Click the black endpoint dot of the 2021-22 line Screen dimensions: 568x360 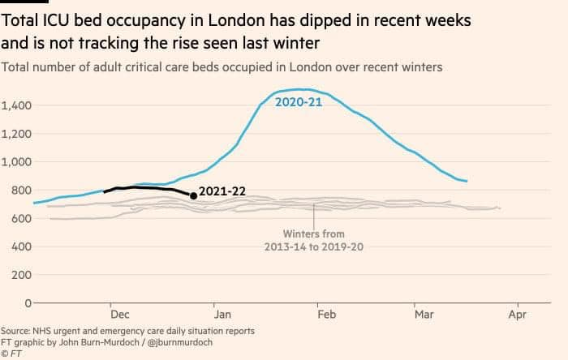193,195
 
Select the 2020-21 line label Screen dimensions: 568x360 299,102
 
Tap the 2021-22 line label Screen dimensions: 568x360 222,191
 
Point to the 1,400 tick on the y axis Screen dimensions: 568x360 16,105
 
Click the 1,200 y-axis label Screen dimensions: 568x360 16,134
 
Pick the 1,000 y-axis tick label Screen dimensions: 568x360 16,161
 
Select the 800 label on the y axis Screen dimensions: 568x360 21,191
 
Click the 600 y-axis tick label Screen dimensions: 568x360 21,219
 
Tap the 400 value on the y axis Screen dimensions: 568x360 21,246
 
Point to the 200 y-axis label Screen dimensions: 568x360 21,275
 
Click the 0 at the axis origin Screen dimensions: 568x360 28,302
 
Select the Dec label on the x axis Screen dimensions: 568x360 120,314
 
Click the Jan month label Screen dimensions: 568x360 222,314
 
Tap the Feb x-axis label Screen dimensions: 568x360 327,314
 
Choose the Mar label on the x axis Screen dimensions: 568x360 424,314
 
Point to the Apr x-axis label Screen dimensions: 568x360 518,315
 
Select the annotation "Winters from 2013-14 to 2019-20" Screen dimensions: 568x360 314,240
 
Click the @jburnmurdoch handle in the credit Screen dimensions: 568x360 180,342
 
